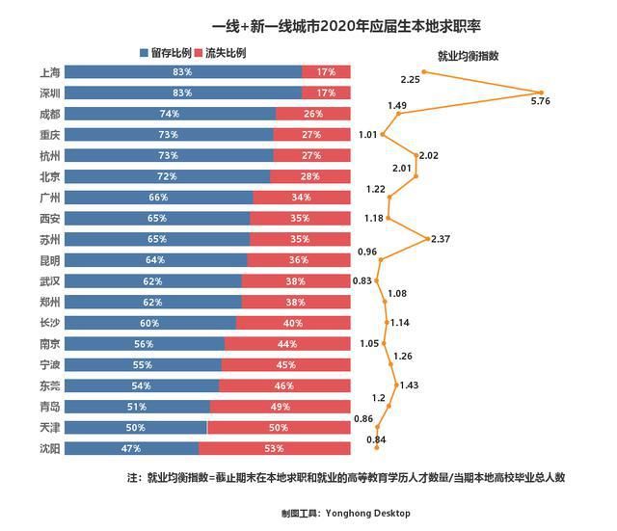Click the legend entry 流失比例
pyautogui.click(x=221, y=52)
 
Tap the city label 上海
pyautogui.click(x=51, y=72)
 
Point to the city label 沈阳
pyautogui.click(x=51, y=448)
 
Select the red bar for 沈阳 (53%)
pyautogui.click(x=275, y=448)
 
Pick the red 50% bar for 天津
pyautogui.click(x=279, y=427)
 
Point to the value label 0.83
pyautogui.click(x=362, y=280)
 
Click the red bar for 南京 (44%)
pyautogui.click(x=287, y=344)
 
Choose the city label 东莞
pyautogui.click(x=51, y=385)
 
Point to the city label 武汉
pyautogui.click(x=51, y=281)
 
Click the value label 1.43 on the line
pyautogui.click(x=409, y=385)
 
